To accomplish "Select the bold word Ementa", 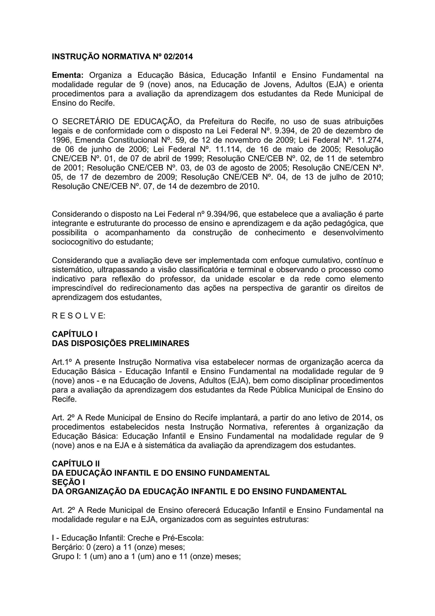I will coord(68,75).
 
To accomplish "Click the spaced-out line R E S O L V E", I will coord(79,316).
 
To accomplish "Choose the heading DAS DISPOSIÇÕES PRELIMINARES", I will coord(120,343).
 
